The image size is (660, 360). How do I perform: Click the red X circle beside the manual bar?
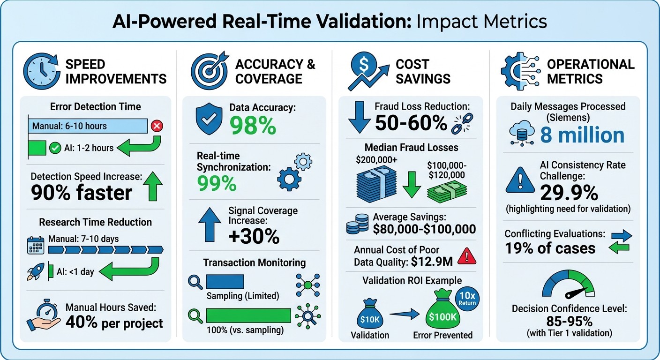pos(157,126)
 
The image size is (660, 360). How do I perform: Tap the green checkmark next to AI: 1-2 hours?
pos(55,148)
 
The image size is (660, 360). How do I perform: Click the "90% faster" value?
pos(82,192)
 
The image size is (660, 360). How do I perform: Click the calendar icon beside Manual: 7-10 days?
pos(36,245)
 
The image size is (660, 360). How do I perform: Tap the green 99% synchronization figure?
pos(217,184)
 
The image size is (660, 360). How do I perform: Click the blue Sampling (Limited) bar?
pos(225,282)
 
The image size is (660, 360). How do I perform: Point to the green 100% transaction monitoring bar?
pos(248,315)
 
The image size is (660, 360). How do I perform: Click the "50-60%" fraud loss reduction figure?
pos(411,123)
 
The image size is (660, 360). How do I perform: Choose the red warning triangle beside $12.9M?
pos(466,256)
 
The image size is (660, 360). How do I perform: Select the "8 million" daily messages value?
pos(582,135)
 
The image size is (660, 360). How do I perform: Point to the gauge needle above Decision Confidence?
pos(576,293)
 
